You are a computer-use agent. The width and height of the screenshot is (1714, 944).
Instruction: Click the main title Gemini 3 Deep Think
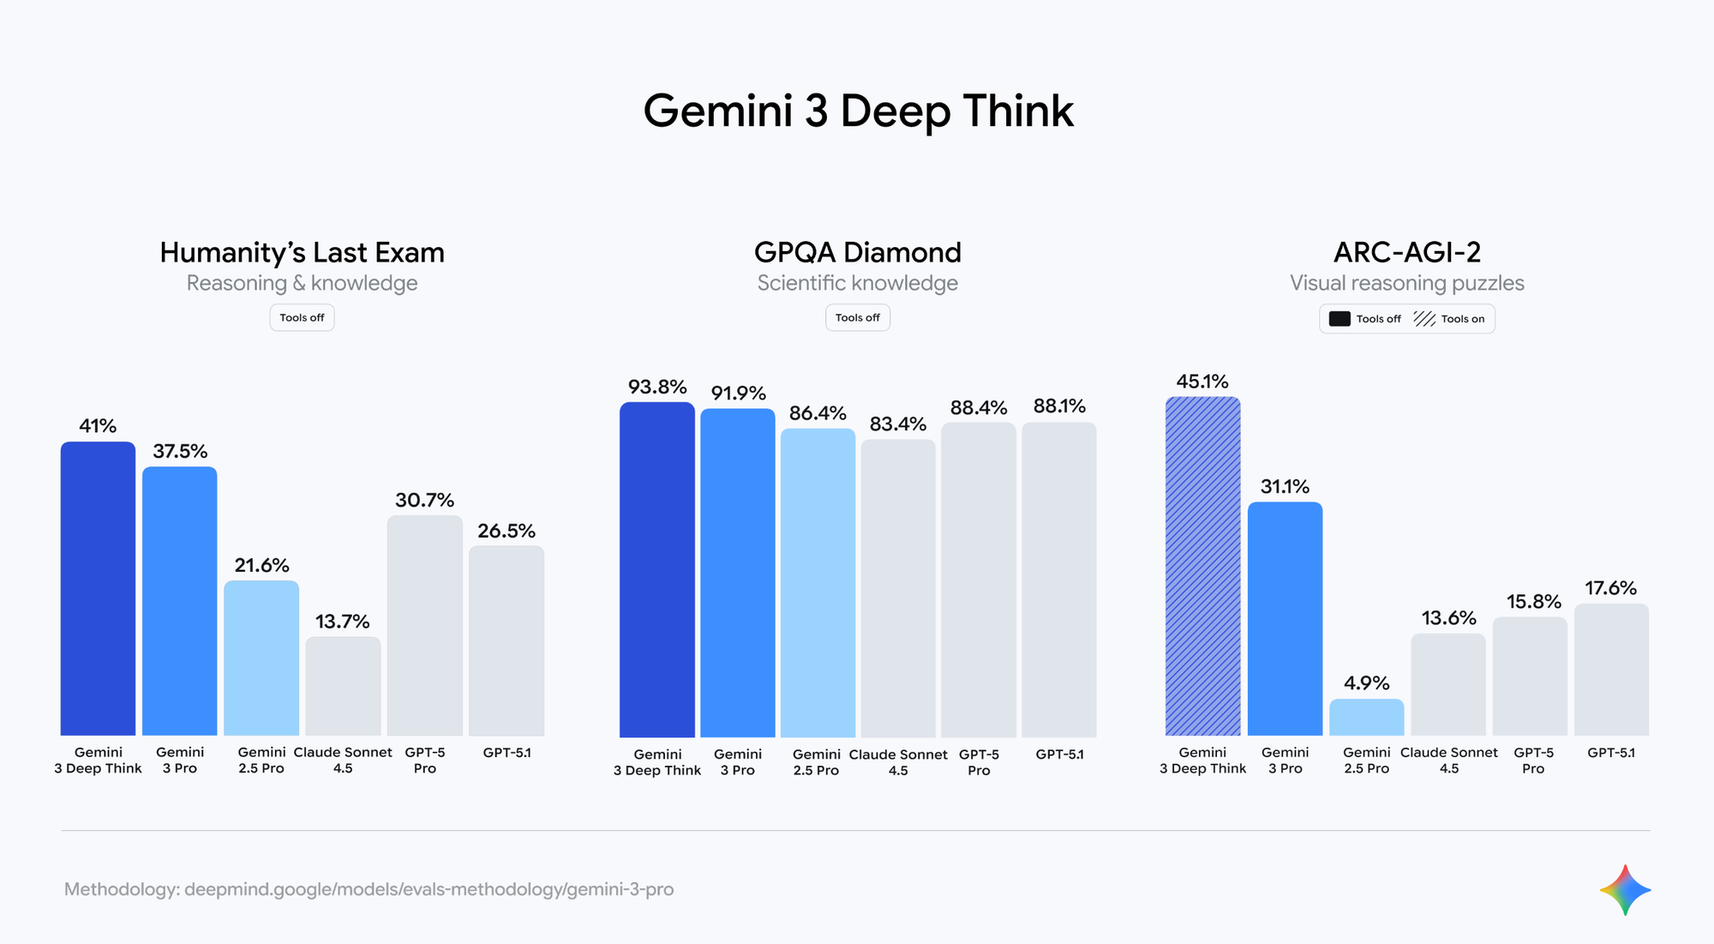[858, 111]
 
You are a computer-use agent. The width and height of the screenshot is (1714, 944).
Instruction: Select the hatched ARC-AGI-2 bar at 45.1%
[1202, 566]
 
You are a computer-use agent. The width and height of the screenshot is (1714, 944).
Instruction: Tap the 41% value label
[98, 426]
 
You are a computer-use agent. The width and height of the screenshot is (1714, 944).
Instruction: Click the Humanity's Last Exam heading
[302, 252]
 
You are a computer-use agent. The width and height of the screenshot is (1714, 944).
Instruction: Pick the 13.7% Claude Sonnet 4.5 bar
[343, 686]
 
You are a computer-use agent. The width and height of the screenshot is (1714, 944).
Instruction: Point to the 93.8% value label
[657, 387]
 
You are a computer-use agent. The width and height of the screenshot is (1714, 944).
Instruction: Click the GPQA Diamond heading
[857, 252]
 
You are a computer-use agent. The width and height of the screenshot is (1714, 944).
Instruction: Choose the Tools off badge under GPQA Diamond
[857, 318]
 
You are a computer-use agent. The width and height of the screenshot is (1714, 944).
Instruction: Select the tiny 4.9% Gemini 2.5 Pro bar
[1366, 718]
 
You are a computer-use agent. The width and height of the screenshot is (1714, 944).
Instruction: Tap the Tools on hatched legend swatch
[1424, 319]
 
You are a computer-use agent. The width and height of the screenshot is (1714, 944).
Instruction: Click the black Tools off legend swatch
[1339, 319]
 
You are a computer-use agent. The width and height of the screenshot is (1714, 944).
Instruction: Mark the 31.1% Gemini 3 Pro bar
[1285, 618]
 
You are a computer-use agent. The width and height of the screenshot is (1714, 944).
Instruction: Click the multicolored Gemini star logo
[1625, 890]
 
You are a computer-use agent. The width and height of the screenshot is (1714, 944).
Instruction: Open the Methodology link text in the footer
[369, 889]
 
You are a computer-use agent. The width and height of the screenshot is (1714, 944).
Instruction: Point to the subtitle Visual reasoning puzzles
[1406, 283]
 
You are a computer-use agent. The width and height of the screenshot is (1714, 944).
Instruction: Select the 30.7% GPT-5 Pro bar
[424, 625]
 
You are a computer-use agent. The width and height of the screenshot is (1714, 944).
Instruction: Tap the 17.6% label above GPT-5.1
[1610, 588]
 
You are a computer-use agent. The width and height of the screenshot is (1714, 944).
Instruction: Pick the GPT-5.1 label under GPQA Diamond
[1059, 755]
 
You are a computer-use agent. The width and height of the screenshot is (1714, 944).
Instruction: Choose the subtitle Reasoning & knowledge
[302, 283]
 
